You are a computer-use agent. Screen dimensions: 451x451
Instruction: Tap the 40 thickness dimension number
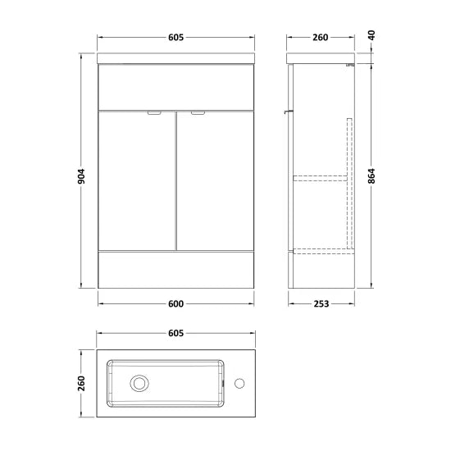371,38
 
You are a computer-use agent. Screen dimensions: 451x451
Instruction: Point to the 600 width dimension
174,304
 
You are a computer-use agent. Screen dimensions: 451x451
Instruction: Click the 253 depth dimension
321,304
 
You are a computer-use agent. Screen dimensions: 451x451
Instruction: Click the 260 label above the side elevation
321,38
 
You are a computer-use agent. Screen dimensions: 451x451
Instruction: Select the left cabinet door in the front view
135,180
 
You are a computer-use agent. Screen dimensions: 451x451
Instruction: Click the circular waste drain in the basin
140,382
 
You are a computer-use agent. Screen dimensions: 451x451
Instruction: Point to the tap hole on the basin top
239,382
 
